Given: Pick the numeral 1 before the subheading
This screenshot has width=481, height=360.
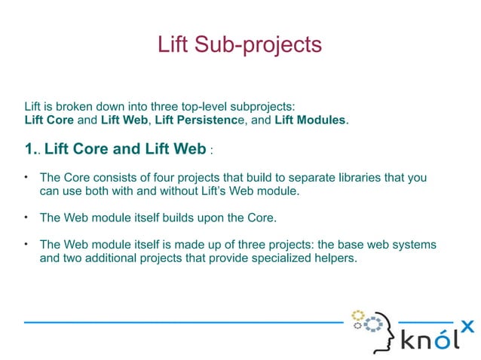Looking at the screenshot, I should click(29, 149).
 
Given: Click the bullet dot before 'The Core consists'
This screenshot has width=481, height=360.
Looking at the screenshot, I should click(26, 177).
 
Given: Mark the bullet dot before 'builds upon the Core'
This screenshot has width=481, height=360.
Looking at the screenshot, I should click(26, 218).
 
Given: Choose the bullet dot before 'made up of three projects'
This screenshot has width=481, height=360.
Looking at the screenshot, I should click(26, 244).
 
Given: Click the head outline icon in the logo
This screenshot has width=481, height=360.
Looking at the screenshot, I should click(377, 331).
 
